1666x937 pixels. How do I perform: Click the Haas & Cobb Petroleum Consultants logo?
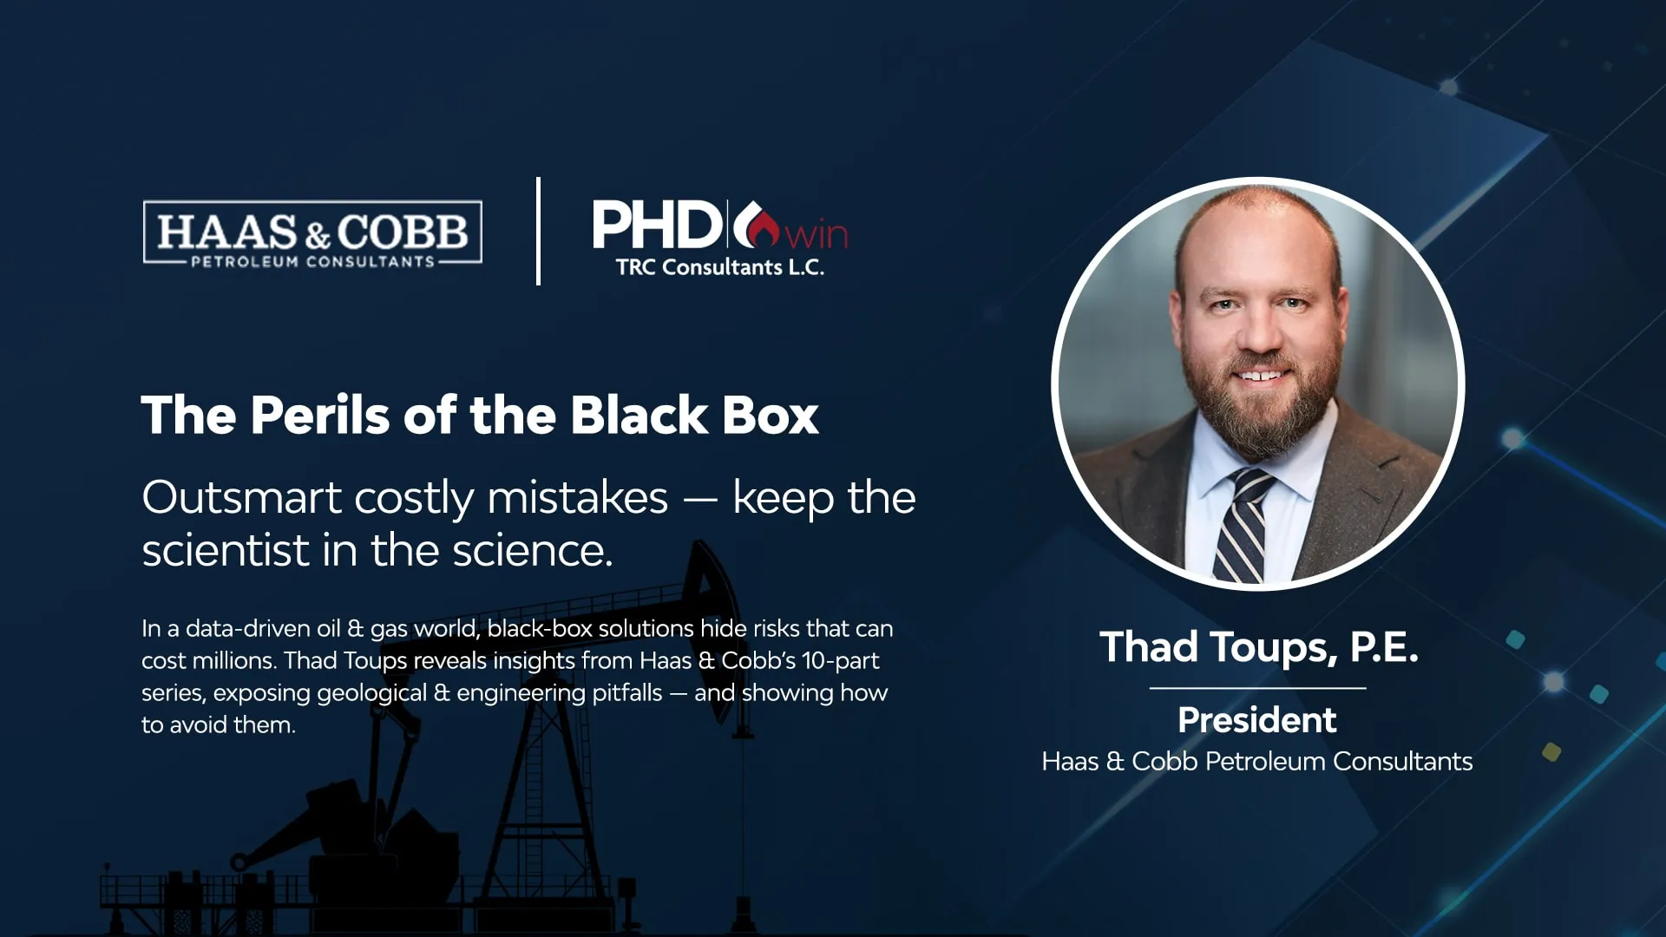312,233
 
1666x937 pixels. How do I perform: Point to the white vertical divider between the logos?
539,231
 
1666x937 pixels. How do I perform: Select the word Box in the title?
770,415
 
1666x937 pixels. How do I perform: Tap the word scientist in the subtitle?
226,550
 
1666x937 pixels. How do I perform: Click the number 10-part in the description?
840,661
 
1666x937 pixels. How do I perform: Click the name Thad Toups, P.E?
1259,647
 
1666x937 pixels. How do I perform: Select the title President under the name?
1257,720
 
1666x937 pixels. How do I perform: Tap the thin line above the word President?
1258,688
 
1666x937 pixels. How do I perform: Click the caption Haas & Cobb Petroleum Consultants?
1257,761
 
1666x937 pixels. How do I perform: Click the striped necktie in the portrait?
1243,527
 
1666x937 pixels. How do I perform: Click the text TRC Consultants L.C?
720,267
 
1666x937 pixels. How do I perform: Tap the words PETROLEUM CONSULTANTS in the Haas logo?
312,261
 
